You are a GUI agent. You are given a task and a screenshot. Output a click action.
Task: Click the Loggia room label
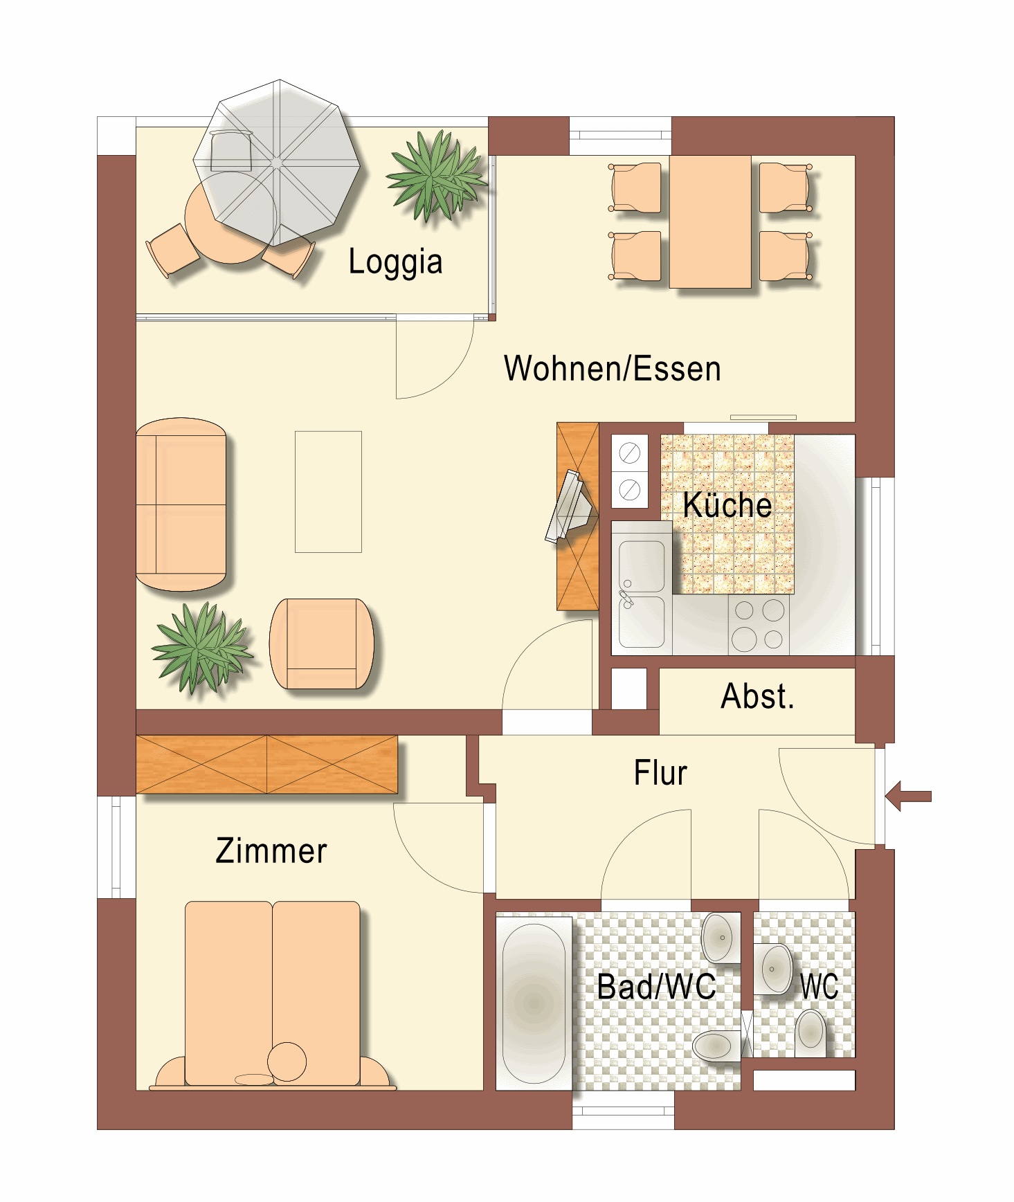point(395,262)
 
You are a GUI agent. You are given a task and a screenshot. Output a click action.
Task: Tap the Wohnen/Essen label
point(613,368)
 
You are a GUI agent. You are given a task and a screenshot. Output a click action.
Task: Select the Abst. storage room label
point(757,696)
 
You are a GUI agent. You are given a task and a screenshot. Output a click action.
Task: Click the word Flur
point(660,773)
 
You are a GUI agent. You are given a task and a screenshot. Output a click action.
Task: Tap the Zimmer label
point(271,850)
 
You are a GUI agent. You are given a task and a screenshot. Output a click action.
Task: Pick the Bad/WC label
point(656,987)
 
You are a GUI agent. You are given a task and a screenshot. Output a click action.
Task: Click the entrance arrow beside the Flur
point(908,796)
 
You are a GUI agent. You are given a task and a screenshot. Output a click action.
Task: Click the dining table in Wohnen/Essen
point(710,221)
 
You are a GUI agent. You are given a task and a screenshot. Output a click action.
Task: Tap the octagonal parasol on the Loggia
point(277,163)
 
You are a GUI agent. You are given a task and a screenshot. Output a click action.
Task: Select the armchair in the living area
point(322,644)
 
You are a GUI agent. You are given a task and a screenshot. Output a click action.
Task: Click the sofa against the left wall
point(181,504)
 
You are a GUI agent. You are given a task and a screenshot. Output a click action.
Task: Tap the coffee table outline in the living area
point(328,492)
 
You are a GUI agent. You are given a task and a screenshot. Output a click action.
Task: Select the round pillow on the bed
point(287,1062)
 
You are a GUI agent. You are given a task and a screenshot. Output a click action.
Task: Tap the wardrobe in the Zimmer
point(267,764)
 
